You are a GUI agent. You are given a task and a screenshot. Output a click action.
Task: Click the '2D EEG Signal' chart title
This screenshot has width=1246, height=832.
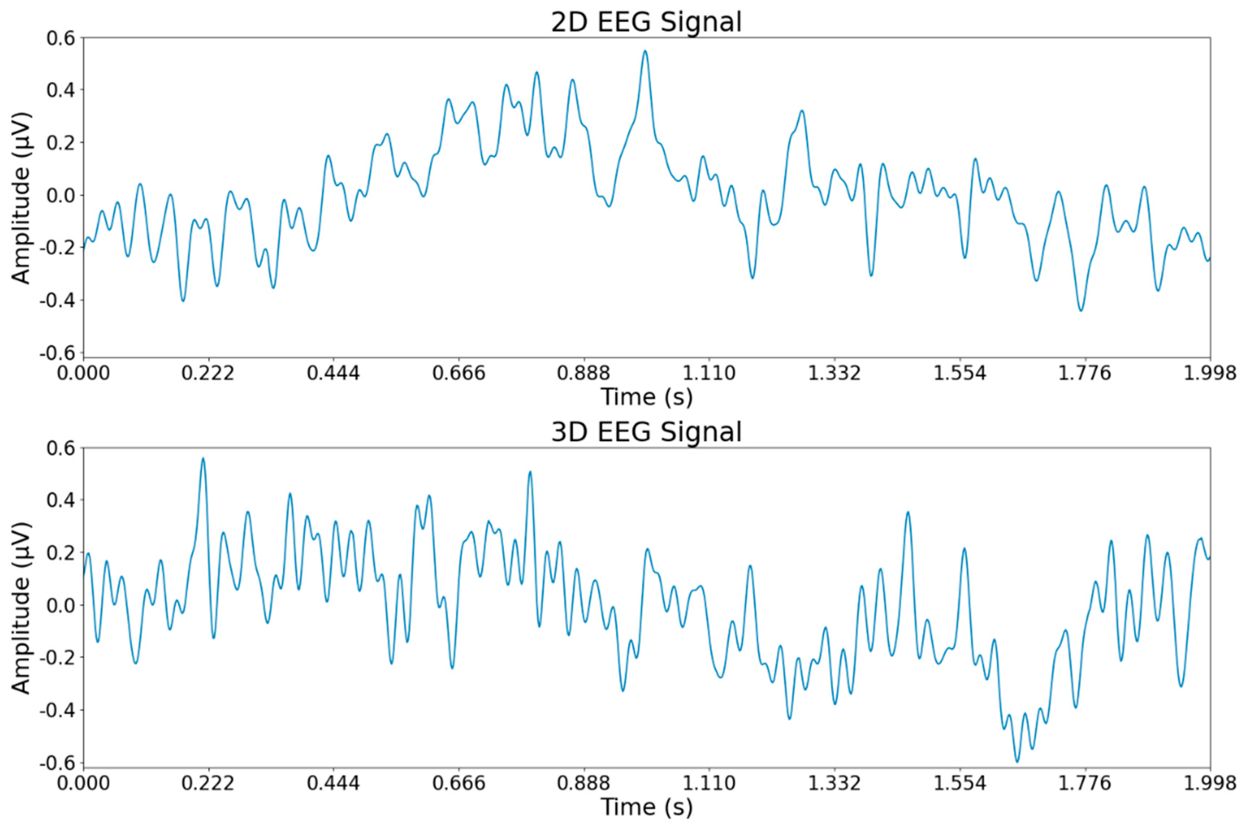pyautogui.click(x=646, y=22)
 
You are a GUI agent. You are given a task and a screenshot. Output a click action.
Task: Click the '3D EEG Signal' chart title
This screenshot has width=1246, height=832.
pyautogui.click(x=646, y=432)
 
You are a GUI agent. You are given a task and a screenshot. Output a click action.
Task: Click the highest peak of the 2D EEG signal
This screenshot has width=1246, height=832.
pyautogui.click(x=645, y=52)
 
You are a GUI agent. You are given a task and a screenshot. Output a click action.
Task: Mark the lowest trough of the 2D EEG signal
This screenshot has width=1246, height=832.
pyautogui.click(x=1081, y=310)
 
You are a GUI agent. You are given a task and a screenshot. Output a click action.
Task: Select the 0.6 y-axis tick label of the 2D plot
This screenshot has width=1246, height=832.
pyautogui.click(x=61, y=38)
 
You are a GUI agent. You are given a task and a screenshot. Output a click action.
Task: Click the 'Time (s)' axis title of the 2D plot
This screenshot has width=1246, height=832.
pyautogui.click(x=646, y=397)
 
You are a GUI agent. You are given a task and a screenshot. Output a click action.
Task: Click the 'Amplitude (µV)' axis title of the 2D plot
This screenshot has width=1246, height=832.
pyautogui.click(x=21, y=197)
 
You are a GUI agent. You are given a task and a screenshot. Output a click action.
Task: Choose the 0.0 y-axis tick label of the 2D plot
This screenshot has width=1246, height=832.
pyautogui.click(x=61, y=195)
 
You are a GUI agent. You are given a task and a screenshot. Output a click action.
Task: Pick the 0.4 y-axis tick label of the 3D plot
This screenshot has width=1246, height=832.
pyautogui.click(x=61, y=500)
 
